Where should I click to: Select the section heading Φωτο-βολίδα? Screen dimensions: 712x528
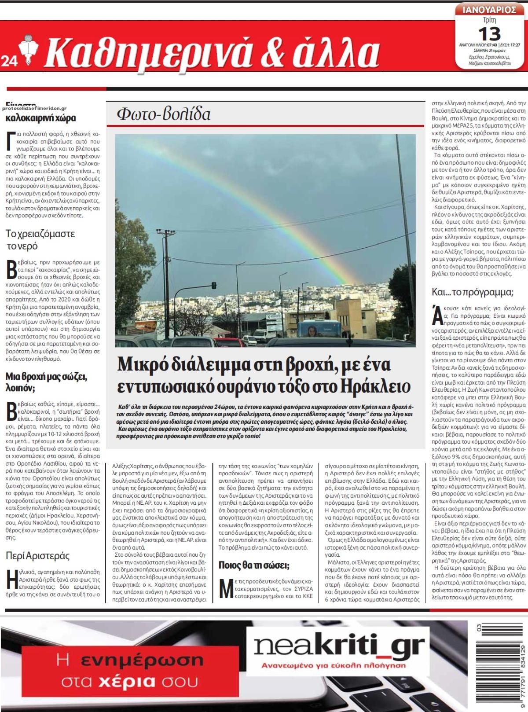point(163,114)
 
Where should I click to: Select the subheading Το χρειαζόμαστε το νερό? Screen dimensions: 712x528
point(40,239)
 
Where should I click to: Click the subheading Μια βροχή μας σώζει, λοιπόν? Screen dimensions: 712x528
point(47,382)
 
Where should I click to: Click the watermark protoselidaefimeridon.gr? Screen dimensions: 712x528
point(34,108)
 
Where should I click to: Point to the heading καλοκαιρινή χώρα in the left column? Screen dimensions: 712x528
point(40,118)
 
